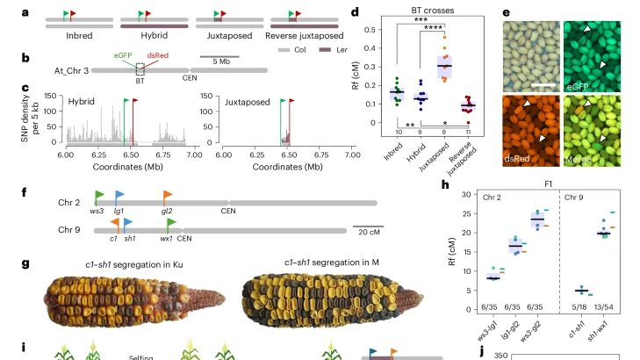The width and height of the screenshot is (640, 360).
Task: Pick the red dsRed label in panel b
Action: click(158, 54)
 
